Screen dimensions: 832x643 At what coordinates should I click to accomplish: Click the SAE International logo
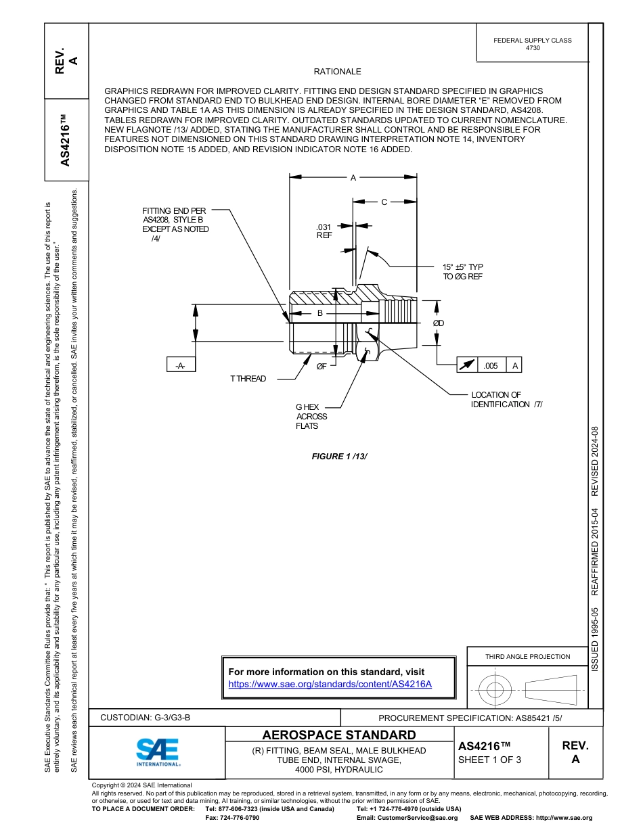coord(158,750)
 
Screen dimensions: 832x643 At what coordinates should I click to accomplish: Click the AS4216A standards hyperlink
coord(330,684)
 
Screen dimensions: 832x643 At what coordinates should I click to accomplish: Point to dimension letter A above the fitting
coord(353,178)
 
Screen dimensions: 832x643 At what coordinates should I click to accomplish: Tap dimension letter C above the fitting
coord(384,202)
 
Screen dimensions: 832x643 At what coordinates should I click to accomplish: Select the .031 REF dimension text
coord(324,231)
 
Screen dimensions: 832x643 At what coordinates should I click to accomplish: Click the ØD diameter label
coord(439,323)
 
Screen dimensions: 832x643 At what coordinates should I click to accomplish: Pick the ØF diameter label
coord(321,366)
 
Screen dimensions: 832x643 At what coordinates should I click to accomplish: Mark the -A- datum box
coord(181,365)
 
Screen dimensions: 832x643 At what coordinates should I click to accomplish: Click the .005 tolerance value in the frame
coord(491,365)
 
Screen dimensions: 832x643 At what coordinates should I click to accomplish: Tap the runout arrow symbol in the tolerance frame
coord(467,365)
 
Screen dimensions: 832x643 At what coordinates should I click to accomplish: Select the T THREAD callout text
coord(248,379)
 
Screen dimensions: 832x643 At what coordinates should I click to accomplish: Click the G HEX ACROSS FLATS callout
coord(311,417)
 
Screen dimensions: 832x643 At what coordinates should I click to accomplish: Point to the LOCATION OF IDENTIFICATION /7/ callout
coord(506,399)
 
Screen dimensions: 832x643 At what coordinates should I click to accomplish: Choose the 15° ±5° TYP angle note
coord(463,271)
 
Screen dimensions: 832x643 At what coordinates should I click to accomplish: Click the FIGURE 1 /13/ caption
coord(339,457)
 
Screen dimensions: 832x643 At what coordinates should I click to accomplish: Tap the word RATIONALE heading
coord(337,72)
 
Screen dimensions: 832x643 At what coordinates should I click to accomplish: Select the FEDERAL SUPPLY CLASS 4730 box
coord(532,44)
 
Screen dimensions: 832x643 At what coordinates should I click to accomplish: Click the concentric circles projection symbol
coord(495,690)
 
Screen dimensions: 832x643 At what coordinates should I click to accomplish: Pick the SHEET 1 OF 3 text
coord(490,760)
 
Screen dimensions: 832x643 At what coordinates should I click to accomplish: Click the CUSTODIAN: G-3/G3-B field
coord(150,717)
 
